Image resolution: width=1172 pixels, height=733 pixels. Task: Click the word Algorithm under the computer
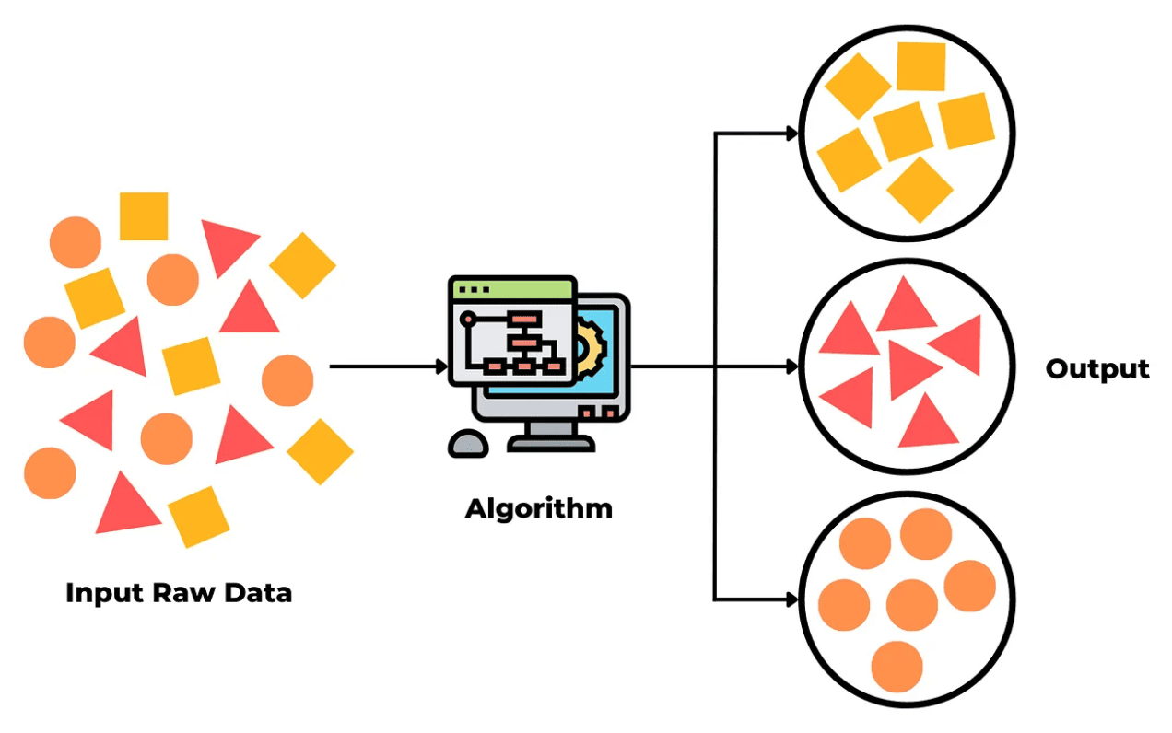[x=538, y=509]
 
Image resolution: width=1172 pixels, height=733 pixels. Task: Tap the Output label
[x=1097, y=369]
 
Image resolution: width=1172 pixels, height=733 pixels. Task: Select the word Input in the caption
[x=105, y=594]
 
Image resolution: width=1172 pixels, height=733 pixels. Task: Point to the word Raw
[x=183, y=593]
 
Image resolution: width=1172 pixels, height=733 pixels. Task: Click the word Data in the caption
[x=258, y=593]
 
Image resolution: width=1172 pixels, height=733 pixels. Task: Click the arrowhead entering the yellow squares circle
[x=792, y=134]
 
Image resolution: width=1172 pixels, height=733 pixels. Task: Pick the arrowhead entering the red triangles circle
[x=792, y=367]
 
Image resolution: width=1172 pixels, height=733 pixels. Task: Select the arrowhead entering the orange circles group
[x=792, y=599]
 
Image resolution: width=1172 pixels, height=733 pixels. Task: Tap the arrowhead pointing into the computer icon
[x=442, y=367]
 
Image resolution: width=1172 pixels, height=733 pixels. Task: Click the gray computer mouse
[x=468, y=444]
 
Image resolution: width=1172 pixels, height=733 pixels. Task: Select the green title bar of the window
[x=512, y=289]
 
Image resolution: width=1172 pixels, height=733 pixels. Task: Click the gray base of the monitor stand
[x=551, y=445]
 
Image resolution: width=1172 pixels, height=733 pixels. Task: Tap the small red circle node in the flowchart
[x=468, y=318]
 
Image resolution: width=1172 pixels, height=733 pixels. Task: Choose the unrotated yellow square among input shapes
[x=144, y=216]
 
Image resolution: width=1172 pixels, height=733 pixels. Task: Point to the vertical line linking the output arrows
[x=715, y=367]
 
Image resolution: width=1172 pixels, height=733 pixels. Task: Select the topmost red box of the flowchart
[x=523, y=318]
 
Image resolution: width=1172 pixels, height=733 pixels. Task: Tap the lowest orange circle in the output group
[x=897, y=667]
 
